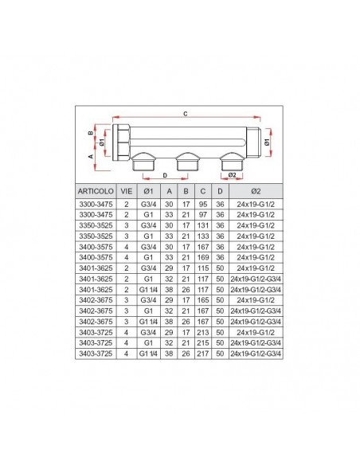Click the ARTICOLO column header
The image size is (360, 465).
click(96, 191)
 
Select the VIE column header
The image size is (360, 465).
click(127, 191)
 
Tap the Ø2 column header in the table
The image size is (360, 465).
click(256, 191)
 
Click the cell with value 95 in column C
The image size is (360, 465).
click(203, 205)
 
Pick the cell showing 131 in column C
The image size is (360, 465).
click(203, 225)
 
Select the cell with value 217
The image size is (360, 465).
click(203, 354)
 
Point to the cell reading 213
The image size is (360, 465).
click(203, 332)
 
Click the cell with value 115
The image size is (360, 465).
click(203, 268)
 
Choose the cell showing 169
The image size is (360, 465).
click(203, 257)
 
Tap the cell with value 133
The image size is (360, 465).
click(203, 236)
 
